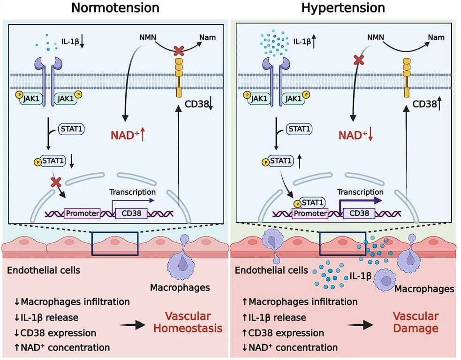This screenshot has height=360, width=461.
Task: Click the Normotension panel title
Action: click(115, 8)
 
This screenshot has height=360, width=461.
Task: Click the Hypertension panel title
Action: click(343, 8)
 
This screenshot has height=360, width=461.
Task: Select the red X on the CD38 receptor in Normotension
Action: click(179, 50)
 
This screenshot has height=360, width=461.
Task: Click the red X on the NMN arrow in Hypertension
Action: click(359, 59)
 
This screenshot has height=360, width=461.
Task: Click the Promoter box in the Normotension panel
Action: click(83, 214)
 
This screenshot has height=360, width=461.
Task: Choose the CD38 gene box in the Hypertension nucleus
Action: click(359, 214)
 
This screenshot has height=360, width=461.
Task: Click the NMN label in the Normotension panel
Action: click(149, 36)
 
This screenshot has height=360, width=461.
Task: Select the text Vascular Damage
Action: click(416, 322)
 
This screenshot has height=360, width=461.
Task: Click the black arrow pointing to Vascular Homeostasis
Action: click(134, 324)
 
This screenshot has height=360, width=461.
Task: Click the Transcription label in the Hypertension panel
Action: click(360, 192)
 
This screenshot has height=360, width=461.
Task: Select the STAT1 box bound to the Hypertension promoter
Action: click(311, 203)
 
